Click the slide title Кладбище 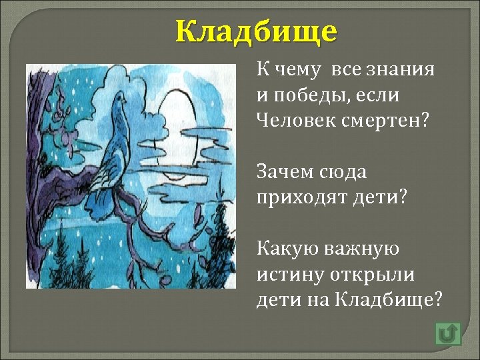pos(257,31)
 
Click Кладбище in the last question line pos(387,299)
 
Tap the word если pos(382,95)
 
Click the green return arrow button pos(448,333)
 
